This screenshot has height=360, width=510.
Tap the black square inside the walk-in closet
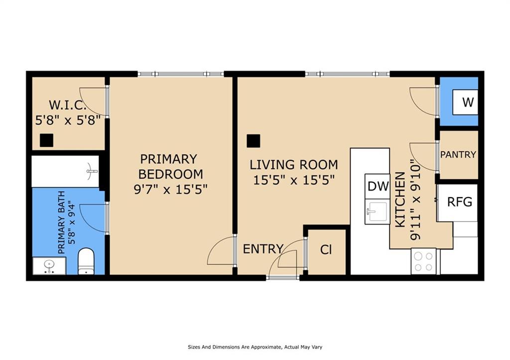click(x=46, y=140)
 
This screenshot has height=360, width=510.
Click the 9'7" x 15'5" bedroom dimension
click(x=170, y=189)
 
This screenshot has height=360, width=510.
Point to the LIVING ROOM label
click(x=293, y=164)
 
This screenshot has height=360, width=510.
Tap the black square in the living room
click(x=254, y=141)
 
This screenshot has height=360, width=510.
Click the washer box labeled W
click(x=467, y=103)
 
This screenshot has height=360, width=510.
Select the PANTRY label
click(x=458, y=155)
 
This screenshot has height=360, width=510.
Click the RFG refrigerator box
click(x=459, y=202)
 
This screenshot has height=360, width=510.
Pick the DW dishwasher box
click(x=378, y=186)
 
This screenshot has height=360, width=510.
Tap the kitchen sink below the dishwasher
click(x=377, y=212)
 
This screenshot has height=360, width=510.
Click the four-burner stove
click(x=423, y=261)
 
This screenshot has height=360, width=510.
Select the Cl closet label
click(x=326, y=250)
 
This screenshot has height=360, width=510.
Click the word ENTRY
click(x=262, y=249)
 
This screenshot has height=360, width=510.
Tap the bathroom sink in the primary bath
click(x=49, y=266)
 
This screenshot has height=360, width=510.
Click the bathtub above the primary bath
click(x=65, y=171)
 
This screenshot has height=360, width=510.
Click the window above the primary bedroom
click(x=180, y=74)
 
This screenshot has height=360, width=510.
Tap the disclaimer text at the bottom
click(x=255, y=347)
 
